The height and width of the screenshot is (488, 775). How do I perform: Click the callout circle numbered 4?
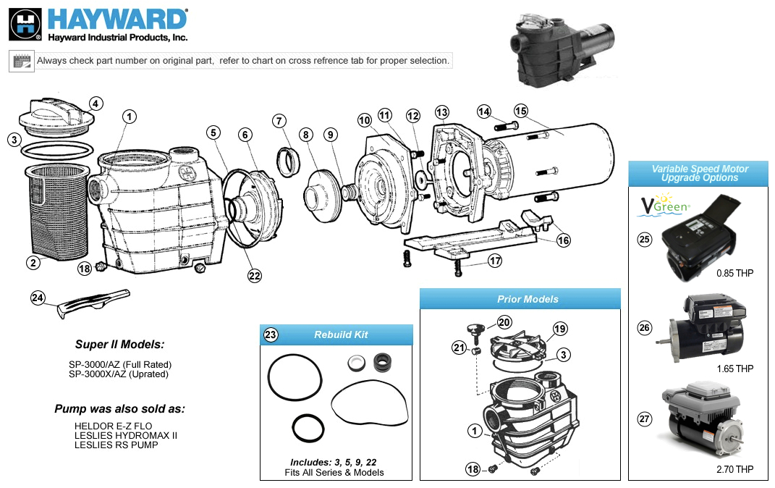(x=96, y=104)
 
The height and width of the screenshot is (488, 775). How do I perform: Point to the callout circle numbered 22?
(x=254, y=275)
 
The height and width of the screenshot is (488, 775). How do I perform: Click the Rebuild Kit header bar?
(x=336, y=335)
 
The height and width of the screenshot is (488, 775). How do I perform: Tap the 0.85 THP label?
(x=734, y=274)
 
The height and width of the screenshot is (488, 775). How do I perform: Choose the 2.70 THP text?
(x=734, y=469)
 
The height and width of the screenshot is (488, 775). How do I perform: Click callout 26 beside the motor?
(x=644, y=328)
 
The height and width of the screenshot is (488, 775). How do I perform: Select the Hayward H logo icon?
(x=25, y=25)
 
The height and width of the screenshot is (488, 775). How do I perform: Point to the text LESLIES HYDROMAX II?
(x=125, y=435)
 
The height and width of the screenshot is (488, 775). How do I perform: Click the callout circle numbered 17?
(x=494, y=261)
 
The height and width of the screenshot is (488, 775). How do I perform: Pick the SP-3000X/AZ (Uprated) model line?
(x=119, y=374)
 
